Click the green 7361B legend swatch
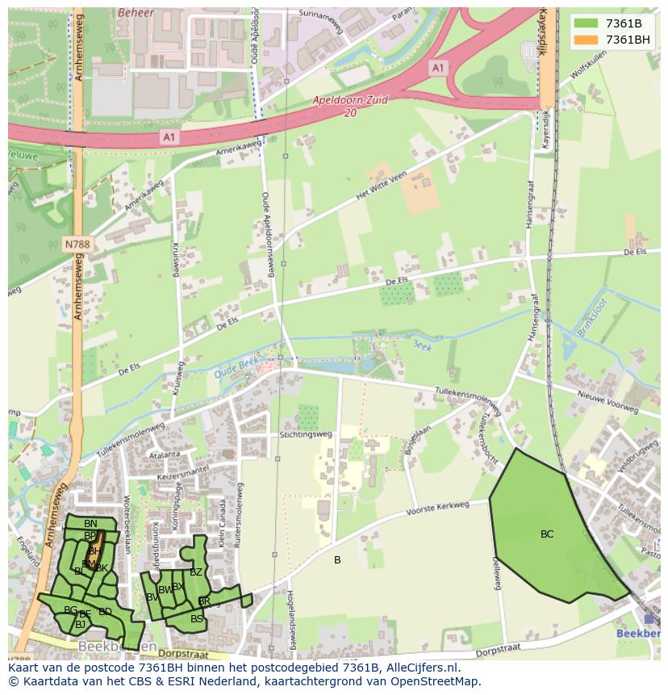point(585,23)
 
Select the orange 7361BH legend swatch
point(585,40)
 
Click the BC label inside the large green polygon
point(547,534)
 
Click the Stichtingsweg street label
point(306,433)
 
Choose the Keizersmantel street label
point(184,473)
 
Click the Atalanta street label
point(164,454)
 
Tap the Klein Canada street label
point(223,523)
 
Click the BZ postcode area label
point(196,572)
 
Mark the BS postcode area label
point(197,619)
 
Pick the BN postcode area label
point(90,524)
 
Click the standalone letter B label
point(337,560)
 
